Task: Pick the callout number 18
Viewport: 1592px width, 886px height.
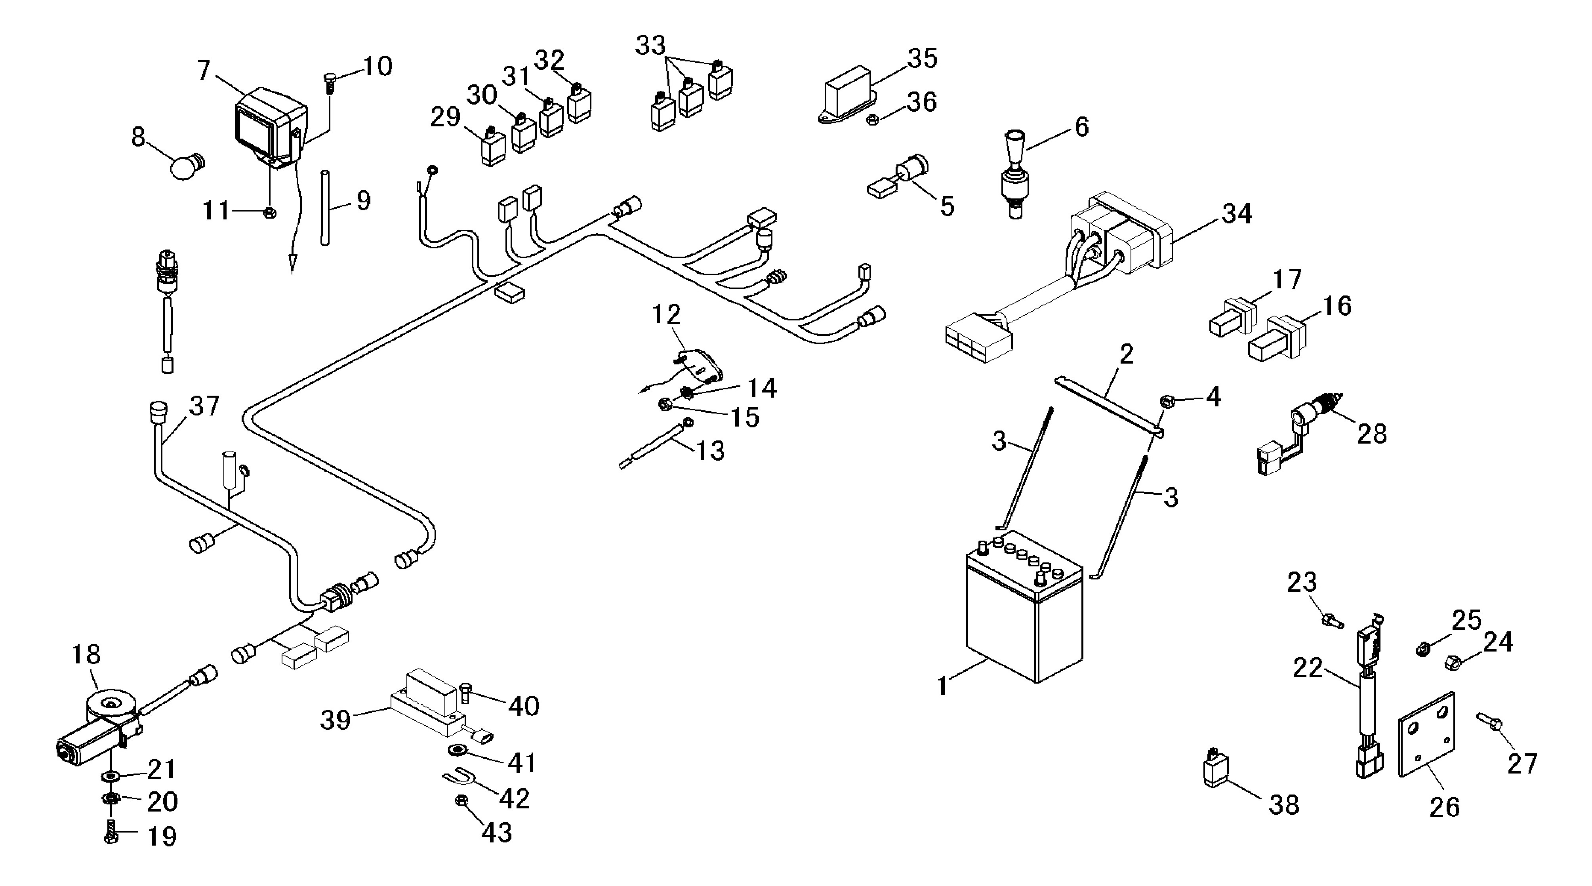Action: point(86,654)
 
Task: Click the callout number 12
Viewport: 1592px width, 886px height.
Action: point(666,314)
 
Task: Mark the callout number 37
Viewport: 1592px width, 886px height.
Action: point(204,406)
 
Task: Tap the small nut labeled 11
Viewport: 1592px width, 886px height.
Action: point(269,213)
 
